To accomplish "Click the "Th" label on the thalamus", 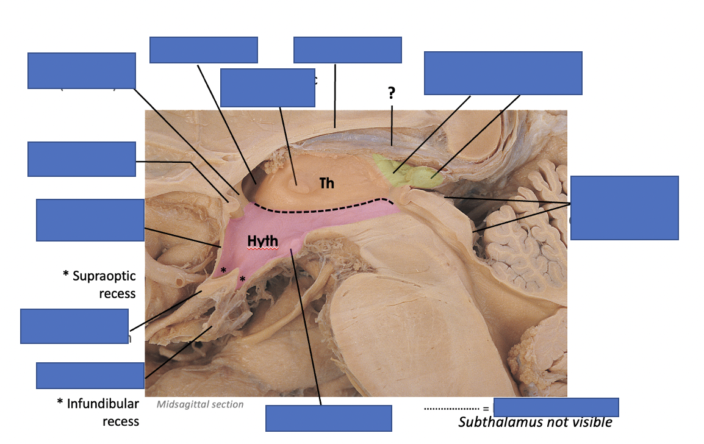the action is tap(327, 182).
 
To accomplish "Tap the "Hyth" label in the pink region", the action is tap(263, 242).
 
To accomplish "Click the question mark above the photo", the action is tap(391, 93).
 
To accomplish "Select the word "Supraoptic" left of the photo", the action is tap(104, 276).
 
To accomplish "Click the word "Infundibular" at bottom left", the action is tap(103, 403).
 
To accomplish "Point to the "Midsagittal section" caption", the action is tap(200, 404).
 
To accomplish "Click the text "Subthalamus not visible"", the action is tap(535, 422).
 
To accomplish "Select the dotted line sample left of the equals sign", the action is tap(451, 408).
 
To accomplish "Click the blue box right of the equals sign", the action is tap(556, 407).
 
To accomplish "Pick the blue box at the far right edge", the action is tap(624, 207).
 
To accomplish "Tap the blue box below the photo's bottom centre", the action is tap(329, 418).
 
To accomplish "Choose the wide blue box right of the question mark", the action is tap(503, 73).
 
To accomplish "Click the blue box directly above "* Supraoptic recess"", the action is tap(90, 220).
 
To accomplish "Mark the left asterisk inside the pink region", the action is tap(224, 270).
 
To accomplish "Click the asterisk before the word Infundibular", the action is tap(60, 403).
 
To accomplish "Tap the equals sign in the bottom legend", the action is tap(486, 409).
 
